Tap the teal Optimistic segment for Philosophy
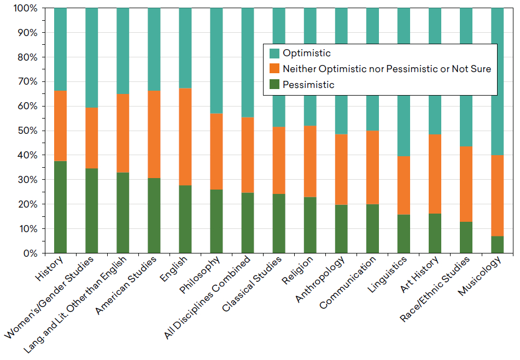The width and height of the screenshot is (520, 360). (x=217, y=61)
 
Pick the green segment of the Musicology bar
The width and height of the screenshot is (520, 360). (x=497, y=244)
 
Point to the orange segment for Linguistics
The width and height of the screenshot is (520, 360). (x=404, y=185)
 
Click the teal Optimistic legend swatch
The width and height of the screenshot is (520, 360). (x=274, y=53)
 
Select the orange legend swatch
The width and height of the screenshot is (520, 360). (x=274, y=69)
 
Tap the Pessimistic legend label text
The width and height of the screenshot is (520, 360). (x=308, y=85)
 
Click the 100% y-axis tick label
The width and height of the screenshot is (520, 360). (x=24, y=9)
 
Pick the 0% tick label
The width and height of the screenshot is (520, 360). (x=28, y=253)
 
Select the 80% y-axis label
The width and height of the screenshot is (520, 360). (x=26, y=57)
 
